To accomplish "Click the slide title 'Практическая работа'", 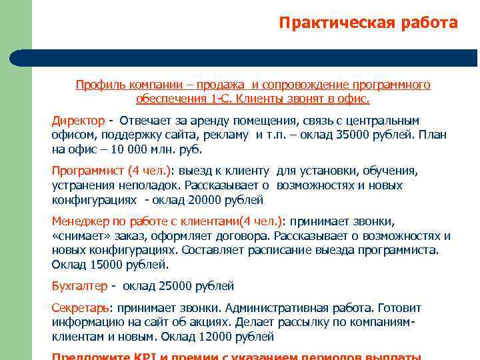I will pyautogui.click(x=368, y=23).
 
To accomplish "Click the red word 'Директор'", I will pyautogui.click(x=78, y=121).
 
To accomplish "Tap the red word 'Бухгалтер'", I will pyautogui.click(x=79, y=286).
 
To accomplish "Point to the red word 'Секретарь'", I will pyautogui.click(x=80, y=308).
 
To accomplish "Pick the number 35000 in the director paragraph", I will pyautogui.click(x=351, y=135).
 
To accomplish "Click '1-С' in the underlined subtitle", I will pyautogui.click(x=220, y=99).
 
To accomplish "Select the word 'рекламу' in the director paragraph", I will pyautogui.click(x=231, y=135).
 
